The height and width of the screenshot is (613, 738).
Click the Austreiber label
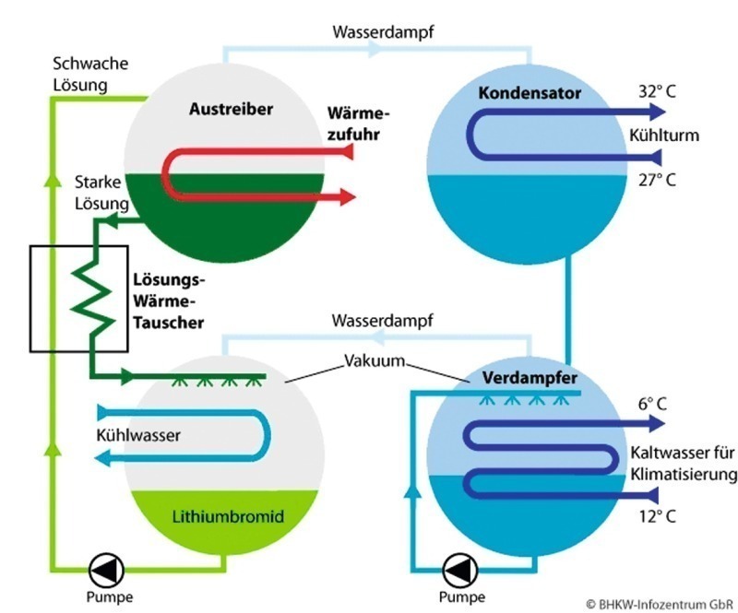point(232,109)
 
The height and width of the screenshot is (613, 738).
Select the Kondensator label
point(530,93)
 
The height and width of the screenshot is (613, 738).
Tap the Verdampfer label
point(530,378)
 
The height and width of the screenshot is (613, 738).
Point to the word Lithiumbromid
point(228,516)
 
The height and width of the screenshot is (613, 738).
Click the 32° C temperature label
point(657,91)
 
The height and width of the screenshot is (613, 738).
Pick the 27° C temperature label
point(657,180)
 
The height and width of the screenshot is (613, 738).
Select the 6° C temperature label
point(652,404)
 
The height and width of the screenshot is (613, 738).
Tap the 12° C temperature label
point(657,516)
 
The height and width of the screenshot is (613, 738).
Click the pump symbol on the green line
point(106,571)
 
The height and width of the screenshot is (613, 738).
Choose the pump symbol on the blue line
point(460,571)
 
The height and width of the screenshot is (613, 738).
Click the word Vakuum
point(375,360)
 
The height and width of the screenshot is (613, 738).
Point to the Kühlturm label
point(664,136)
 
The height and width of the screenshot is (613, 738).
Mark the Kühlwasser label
point(138,435)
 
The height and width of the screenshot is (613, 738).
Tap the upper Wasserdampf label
point(383,32)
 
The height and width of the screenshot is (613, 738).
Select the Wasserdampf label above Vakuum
point(382,321)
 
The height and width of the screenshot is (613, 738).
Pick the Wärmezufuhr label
point(359,124)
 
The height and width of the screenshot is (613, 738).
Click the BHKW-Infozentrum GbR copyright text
point(660,604)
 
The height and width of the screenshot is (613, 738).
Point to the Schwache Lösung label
point(90,75)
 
